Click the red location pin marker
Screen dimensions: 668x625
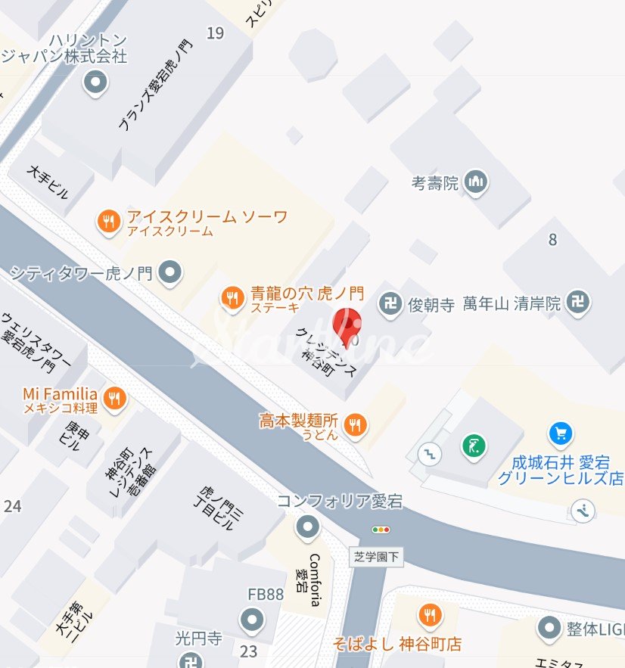pos(347,325)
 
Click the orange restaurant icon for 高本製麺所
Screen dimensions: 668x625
pos(355,426)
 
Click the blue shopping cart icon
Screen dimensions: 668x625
pos(561,433)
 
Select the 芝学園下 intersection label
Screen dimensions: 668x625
pos(376,558)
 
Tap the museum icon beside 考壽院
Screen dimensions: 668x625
pos(476,182)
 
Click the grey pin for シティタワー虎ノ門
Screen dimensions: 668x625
pos(172,271)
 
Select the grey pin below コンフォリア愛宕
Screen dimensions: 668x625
pos(307,527)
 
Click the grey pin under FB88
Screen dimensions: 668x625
pos(251,620)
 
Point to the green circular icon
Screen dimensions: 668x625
pos(473,446)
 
